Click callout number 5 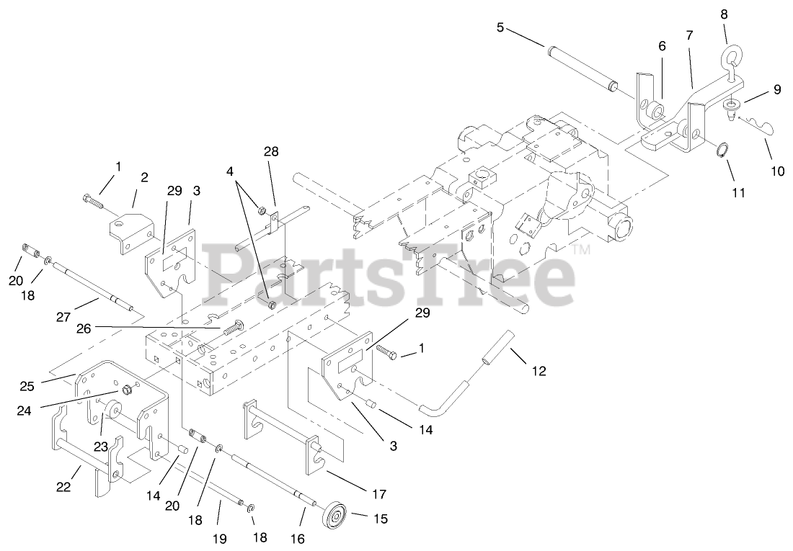click(500, 28)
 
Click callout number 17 click(378, 494)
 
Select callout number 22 click(63, 488)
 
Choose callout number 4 click(229, 172)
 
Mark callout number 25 click(27, 387)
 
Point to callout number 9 click(776, 90)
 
